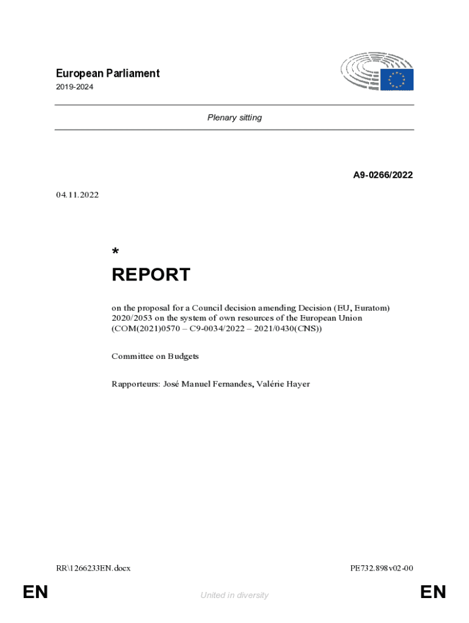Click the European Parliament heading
[107, 74]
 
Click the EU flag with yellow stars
[397, 80]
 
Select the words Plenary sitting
[234, 117]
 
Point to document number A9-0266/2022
[383, 175]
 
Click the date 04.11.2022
[77, 195]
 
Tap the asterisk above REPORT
[115, 252]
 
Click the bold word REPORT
[150, 275]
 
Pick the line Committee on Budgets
[155, 356]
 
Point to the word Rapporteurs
[135, 384]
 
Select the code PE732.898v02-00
[381, 568]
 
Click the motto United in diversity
[234, 596]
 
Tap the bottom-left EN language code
[35, 592]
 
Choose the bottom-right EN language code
[433, 592]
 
